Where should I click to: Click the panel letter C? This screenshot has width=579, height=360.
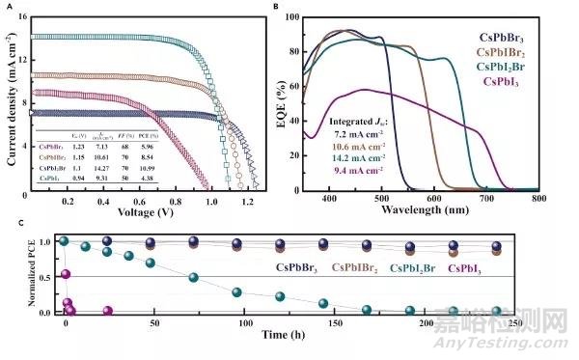pyautogui.click(x=8, y=223)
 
